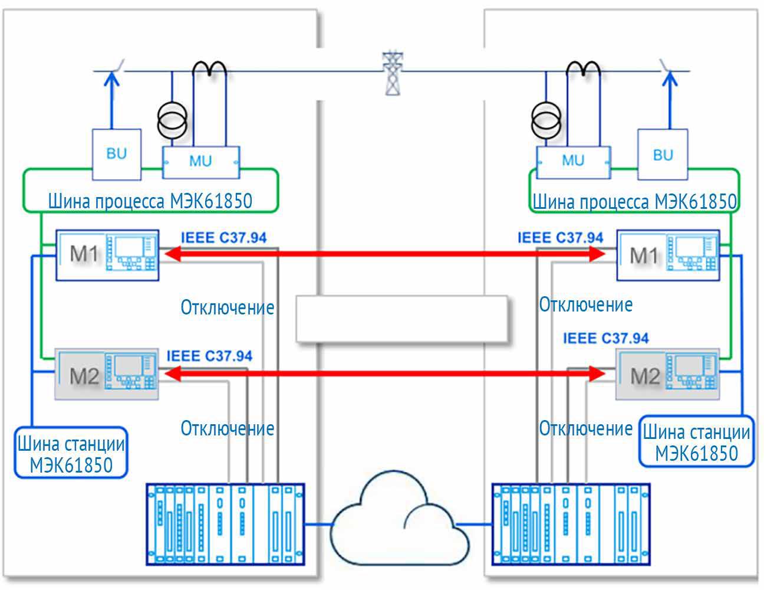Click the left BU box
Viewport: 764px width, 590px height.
click(x=116, y=154)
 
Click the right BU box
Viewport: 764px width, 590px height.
click(x=662, y=155)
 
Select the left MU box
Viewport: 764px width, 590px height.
click(x=200, y=161)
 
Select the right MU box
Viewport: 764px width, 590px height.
click(x=572, y=160)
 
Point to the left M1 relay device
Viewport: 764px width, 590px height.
click(x=107, y=255)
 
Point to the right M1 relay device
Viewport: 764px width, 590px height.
click(x=668, y=255)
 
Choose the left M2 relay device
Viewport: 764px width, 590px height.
click(x=107, y=374)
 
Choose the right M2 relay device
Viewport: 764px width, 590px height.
click(x=667, y=374)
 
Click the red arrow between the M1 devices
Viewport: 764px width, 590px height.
click(x=386, y=254)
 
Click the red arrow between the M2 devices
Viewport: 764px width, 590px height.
click(x=386, y=373)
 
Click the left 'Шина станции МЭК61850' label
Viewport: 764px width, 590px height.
click(x=71, y=454)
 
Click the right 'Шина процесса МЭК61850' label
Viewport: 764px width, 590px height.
click(x=634, y=201)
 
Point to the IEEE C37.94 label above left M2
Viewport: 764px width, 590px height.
click(x=209, y=356)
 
